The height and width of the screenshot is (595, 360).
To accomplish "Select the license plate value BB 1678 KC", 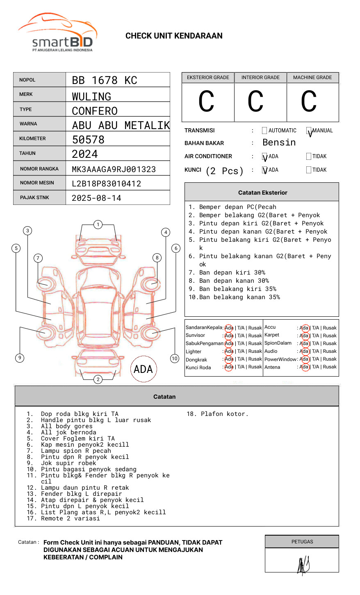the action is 105,80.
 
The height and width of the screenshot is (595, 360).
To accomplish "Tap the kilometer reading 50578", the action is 88,140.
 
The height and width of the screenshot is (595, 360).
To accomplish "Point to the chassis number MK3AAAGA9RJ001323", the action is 114,169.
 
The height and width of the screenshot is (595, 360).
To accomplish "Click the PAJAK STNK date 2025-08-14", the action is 96,198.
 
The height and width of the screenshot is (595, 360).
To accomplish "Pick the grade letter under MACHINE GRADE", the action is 309,101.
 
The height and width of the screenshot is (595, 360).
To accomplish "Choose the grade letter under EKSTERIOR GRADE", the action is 206,101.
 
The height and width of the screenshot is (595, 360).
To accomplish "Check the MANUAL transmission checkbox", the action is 309,130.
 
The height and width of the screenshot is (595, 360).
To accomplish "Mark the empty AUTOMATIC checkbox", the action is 264,130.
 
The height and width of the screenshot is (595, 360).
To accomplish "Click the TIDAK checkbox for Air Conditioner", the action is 309,156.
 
